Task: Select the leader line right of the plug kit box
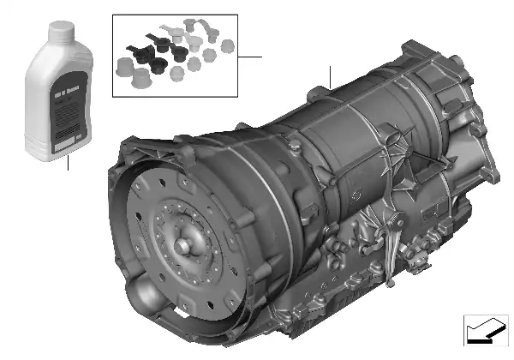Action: (x=251, y=56)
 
